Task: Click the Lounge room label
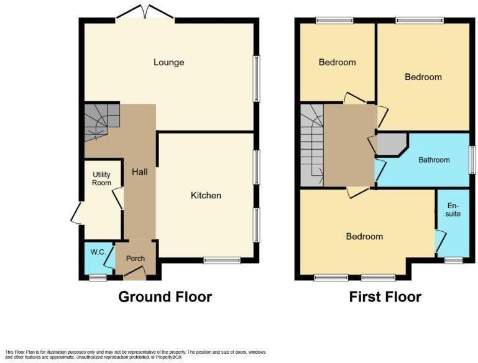(x=169, y=62)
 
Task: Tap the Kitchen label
(x=206, y=195)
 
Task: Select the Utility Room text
(x=101, y=179)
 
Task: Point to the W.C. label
(x=98, y=252)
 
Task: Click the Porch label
(x=136, y=259)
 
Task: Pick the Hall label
(x=139, y=172)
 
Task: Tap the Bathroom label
(x=433, y=160)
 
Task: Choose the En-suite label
(x=453, y=209)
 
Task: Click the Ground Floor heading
(x=165, y=296)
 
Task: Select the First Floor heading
(x=385, y=296)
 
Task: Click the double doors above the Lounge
(x=145, y=14)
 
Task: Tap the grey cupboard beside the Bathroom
(x=391, y=144)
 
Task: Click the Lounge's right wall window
(x=256, y=78)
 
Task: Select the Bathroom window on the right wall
(x=471, y=160)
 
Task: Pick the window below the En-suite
(x=453, y=260)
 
